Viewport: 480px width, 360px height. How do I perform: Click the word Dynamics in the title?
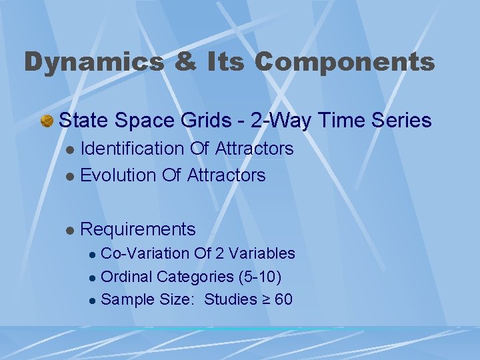coord(93,62)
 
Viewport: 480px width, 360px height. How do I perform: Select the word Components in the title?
coord(344,62)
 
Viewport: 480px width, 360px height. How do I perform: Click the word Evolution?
coord(118,175)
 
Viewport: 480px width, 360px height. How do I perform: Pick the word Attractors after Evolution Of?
coord(227,175)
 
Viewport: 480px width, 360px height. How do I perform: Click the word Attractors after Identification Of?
coord(255,149)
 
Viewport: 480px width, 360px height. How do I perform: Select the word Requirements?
coord(138,229)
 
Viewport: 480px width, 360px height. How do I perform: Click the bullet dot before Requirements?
coord(70,230)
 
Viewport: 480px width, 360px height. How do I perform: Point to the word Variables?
coord(264,253)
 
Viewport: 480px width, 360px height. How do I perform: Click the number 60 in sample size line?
coord(283,299)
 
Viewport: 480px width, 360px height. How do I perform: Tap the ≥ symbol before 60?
coord(265,299)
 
